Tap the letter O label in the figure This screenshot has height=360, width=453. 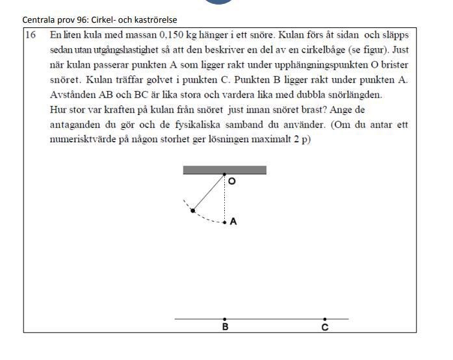pos(232,182)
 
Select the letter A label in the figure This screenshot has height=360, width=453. pos(233,222)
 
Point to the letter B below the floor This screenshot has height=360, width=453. pos(225,328)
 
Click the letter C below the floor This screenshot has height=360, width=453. pos(325,328)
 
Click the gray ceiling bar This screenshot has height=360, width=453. pos(224,170)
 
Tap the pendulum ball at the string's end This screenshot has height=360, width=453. pos(192,210)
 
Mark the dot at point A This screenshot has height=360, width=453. pos(225,222)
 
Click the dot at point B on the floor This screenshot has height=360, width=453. pos(225,319)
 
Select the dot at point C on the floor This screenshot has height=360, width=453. pos(325,319)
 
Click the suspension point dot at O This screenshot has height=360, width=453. pos(225,175)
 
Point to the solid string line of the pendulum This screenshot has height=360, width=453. pos(209,192)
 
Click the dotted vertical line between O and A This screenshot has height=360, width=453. pos(225,198)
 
